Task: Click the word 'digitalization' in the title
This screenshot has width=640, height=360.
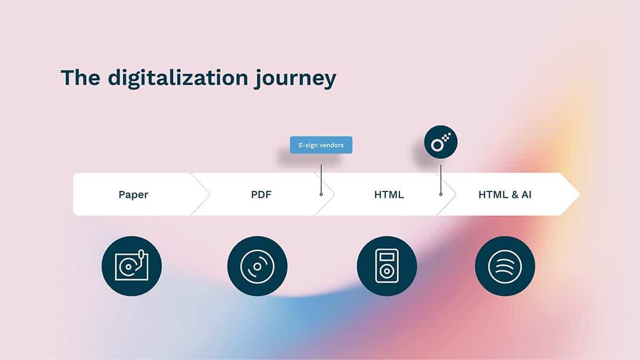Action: (178, 77)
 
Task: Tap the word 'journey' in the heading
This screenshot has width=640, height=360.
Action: (295, 78)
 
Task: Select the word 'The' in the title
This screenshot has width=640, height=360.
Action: (81, 77)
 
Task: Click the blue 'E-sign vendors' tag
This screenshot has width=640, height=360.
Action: (321, 145)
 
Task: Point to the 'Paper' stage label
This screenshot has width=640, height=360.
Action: (133, 195)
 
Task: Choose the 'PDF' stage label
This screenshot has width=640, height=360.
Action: (261, 195)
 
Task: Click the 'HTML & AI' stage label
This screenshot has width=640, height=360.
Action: (505, 195)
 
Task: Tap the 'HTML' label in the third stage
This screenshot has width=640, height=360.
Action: (389, 195)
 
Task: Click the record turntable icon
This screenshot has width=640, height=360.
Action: (131, 266)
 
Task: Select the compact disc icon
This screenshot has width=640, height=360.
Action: (258, 266)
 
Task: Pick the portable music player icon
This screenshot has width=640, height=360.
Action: (387, 266)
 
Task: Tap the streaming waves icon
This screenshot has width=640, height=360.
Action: (505, 266)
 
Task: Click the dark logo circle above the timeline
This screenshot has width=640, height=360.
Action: (441, 142)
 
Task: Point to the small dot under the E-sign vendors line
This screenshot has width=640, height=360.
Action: (321, 194)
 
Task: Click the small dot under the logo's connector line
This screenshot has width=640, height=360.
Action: (441, 194)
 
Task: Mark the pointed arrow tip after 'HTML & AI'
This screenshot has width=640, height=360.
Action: (579, 194)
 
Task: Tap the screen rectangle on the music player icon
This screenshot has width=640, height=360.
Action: (387, 257)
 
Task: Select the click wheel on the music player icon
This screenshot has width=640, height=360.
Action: (387, 271)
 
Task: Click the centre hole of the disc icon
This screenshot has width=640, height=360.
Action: (257, 267)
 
